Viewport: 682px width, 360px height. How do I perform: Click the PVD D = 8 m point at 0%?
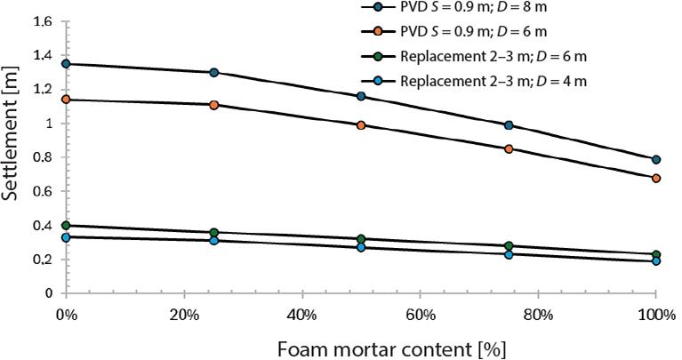66,64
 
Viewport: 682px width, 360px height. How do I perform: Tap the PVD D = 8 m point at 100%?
656,159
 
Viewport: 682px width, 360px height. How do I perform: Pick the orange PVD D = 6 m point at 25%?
213,105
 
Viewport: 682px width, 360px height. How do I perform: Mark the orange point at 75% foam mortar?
509,148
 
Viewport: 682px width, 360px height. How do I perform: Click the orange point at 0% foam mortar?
66,100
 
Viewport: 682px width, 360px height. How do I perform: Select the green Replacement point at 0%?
66,225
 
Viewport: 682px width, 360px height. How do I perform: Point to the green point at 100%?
656,255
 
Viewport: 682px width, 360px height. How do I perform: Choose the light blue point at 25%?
213,240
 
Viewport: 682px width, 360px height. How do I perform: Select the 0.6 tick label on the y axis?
42,191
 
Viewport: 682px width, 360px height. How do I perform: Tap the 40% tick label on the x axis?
301,315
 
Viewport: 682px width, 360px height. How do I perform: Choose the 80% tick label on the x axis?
538,315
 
